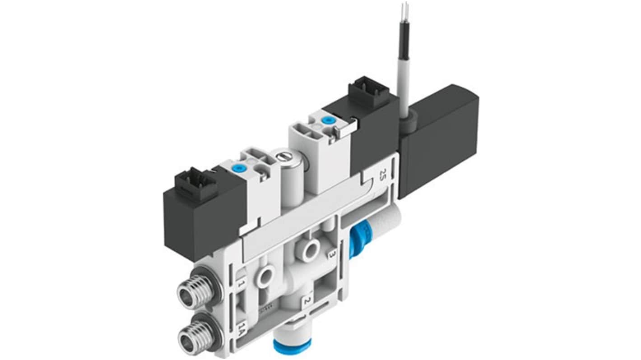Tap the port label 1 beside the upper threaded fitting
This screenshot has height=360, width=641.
point(242,284)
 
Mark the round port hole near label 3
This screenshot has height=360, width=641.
point(311,249)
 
